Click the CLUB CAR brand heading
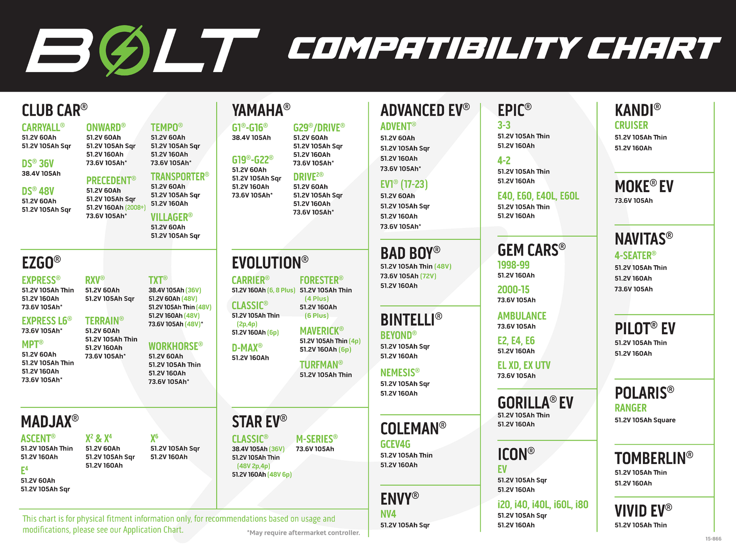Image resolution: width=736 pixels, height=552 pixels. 55,110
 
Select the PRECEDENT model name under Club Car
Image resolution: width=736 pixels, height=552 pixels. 111,180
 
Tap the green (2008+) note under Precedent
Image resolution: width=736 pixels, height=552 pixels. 135,208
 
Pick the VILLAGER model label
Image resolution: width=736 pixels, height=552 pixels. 172,217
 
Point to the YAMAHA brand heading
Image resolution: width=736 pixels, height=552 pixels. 261,110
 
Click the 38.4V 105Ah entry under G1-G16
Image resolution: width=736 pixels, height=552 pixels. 251,138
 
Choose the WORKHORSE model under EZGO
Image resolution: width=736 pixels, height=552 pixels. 176,346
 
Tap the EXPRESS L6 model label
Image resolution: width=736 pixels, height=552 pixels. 47,321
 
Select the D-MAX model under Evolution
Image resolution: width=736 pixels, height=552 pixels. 247,348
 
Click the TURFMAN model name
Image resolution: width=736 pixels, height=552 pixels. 321,364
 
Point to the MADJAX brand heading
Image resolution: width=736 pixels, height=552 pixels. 50,421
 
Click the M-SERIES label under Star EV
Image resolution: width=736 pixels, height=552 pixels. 317,439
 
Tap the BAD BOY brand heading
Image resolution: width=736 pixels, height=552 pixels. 410,253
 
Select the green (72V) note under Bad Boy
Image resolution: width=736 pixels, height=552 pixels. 427,276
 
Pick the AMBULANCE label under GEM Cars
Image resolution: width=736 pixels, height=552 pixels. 522,316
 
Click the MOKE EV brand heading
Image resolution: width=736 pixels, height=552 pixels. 644,187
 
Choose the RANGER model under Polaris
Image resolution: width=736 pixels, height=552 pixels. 630,408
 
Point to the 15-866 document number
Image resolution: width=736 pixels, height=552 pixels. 713,539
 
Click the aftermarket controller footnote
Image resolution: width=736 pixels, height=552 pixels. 304,533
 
